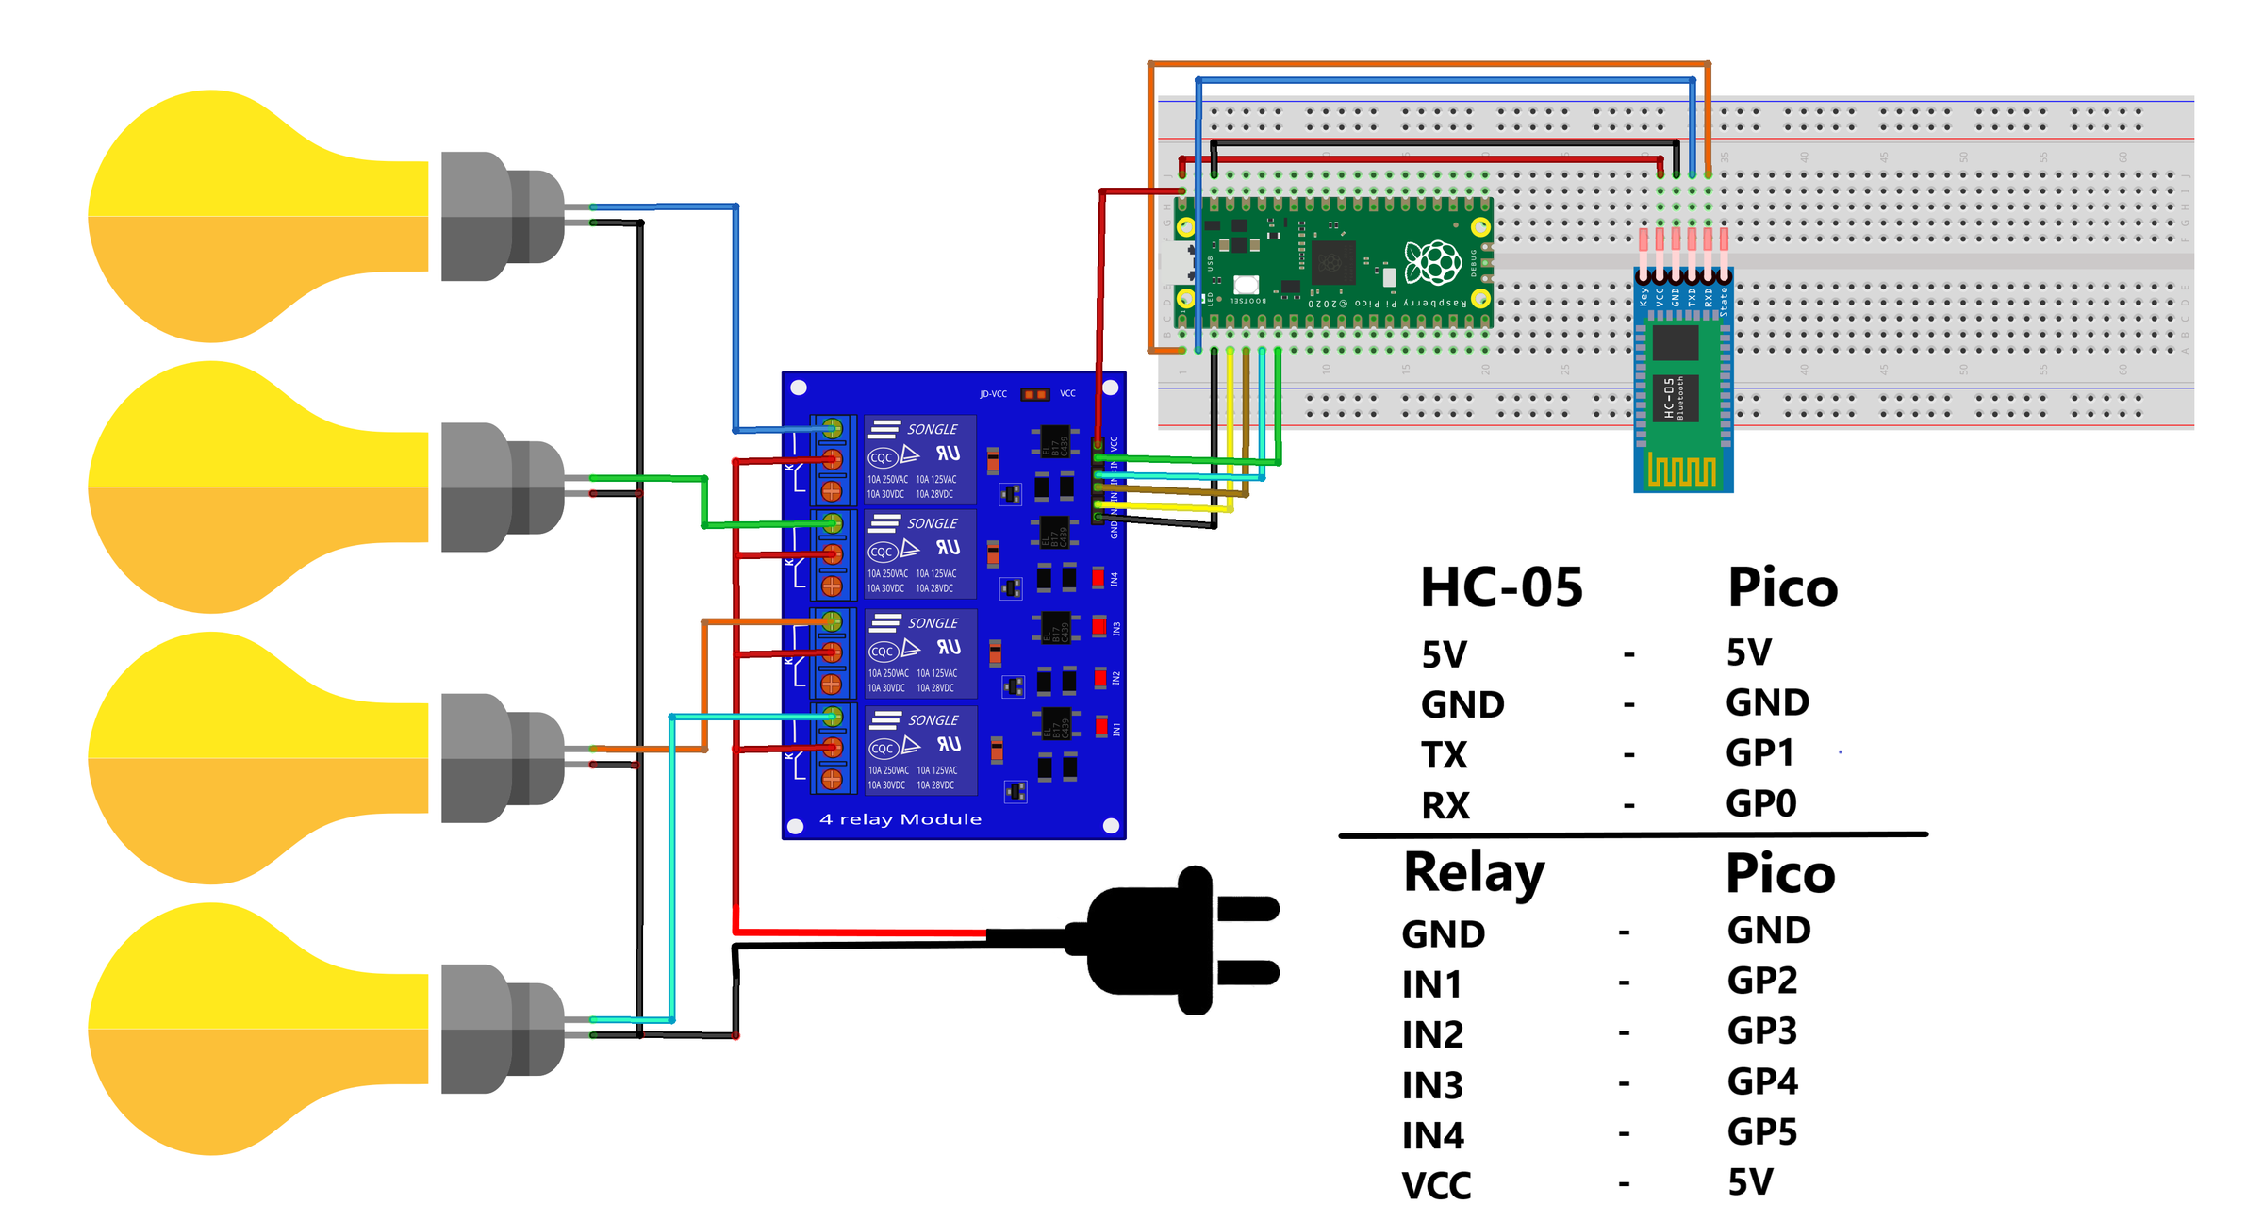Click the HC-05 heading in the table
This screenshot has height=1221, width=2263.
(x=1501, y=588)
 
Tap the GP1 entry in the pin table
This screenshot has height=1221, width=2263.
(x=1759, y=753)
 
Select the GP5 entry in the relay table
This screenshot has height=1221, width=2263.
(x=1761, y=1131)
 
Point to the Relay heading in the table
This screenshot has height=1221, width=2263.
(x=1474, y=874)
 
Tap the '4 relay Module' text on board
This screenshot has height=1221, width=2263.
(x=900, y=819)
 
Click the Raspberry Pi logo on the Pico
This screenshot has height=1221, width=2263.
(x=1432, y=262)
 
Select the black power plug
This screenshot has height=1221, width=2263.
(x=1179, y=940)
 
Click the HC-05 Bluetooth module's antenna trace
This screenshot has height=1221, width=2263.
(x=1681, y=470)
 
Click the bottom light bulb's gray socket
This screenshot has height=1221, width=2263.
(x=500, y=1028)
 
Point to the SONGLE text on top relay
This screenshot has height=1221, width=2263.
(x=932, y=430)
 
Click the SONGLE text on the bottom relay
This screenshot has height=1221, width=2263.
(x=933, y=720)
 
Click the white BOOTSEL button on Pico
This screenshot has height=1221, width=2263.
(x=1246, y=284)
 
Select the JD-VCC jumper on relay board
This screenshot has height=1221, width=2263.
(x=1034, y=394)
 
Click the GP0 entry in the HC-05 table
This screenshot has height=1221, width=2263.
(x=1760, y=804)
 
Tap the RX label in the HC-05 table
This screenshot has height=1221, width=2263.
(x=1445, y=806)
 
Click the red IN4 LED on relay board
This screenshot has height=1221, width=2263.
(x=1098, y=577)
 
